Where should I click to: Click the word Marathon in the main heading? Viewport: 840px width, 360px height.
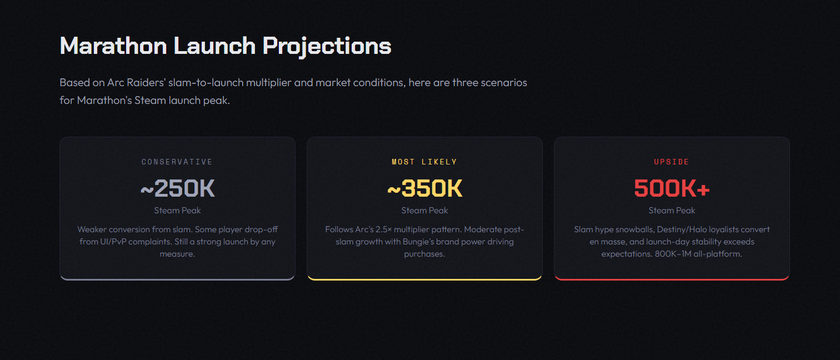(113, 46)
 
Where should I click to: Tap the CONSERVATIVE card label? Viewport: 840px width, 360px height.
(177, 162)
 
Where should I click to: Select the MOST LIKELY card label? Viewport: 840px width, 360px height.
(424, 162)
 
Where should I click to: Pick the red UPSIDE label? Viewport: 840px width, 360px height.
(672, 162)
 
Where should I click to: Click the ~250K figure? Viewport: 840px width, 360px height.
(177, 188)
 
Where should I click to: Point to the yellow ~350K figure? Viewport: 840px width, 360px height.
(424, 188)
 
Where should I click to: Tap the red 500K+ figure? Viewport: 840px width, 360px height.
(672, 188)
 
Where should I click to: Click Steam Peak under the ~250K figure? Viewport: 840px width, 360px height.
(177, 211)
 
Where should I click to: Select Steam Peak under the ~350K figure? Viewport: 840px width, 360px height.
(424, 211)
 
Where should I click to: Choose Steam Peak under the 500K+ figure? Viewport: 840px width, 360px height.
(672, 211)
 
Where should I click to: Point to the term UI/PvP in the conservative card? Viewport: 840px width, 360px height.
(113, 242)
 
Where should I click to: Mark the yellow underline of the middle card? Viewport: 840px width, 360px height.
(424, 279)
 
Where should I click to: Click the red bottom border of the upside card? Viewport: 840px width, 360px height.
(672, 279)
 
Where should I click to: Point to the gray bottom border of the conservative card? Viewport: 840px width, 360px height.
(177, 279)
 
